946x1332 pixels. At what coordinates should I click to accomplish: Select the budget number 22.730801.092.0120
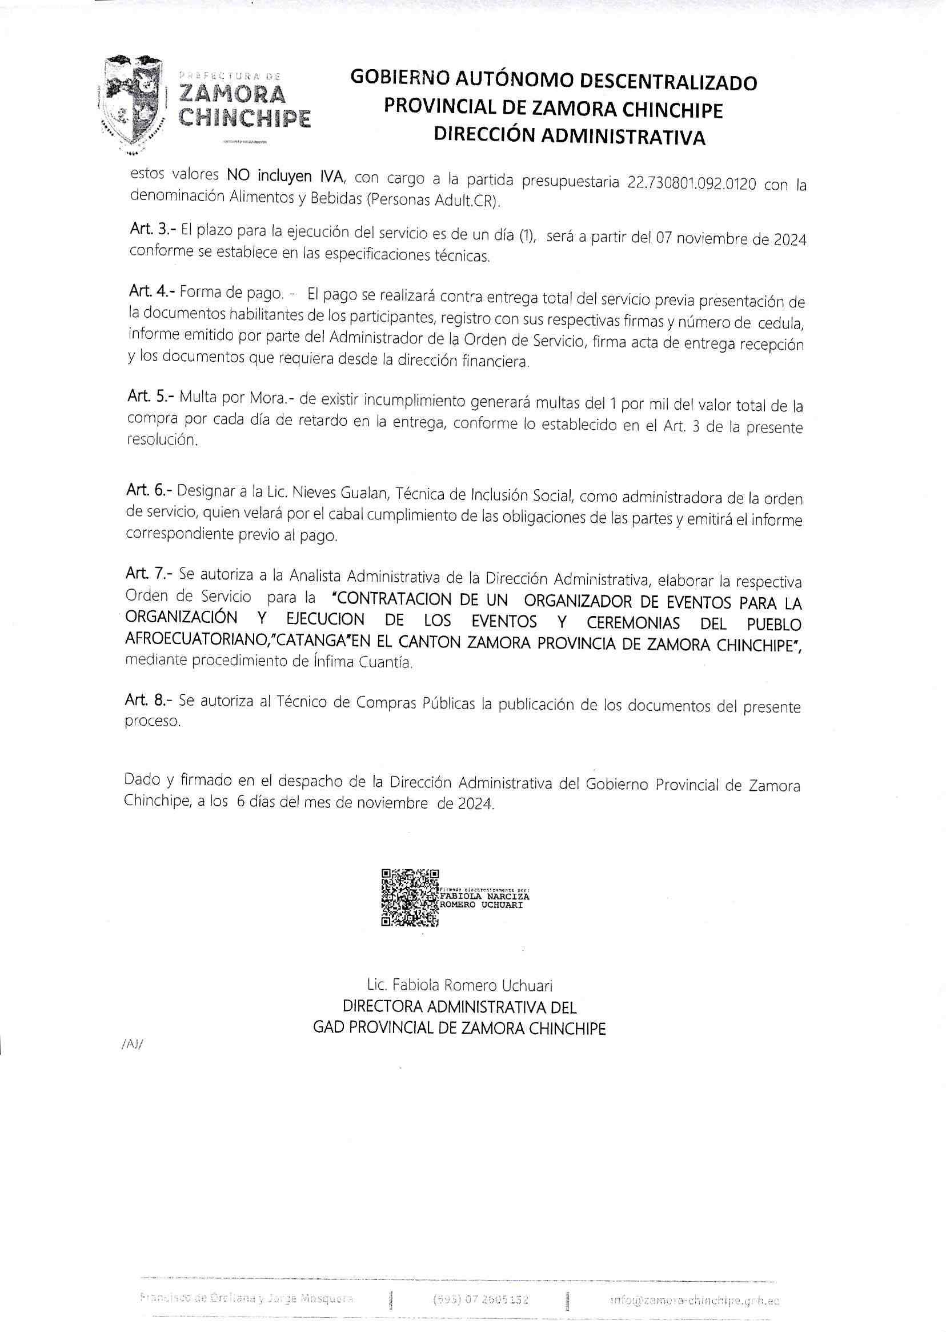692,183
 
